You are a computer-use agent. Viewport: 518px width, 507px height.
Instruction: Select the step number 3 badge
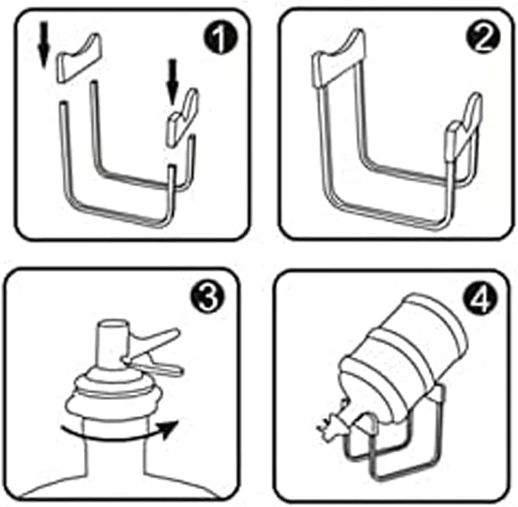[208, 297]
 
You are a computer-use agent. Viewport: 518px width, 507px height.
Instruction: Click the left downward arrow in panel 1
[43, 44]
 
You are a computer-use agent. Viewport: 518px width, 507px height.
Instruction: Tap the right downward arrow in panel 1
[172, 82]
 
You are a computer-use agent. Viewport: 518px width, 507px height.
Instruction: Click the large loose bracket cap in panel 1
[79, 57]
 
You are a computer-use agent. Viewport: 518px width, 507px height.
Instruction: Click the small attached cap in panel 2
[463, 128]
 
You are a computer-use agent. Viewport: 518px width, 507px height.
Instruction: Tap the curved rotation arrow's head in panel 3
[170, 428]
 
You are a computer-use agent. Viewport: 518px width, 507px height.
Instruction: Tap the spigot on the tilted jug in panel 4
[333, 423]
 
